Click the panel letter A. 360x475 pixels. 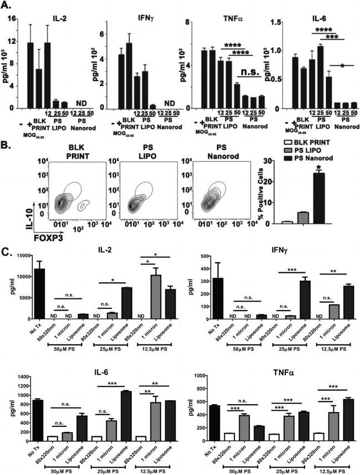coord(9,7)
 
